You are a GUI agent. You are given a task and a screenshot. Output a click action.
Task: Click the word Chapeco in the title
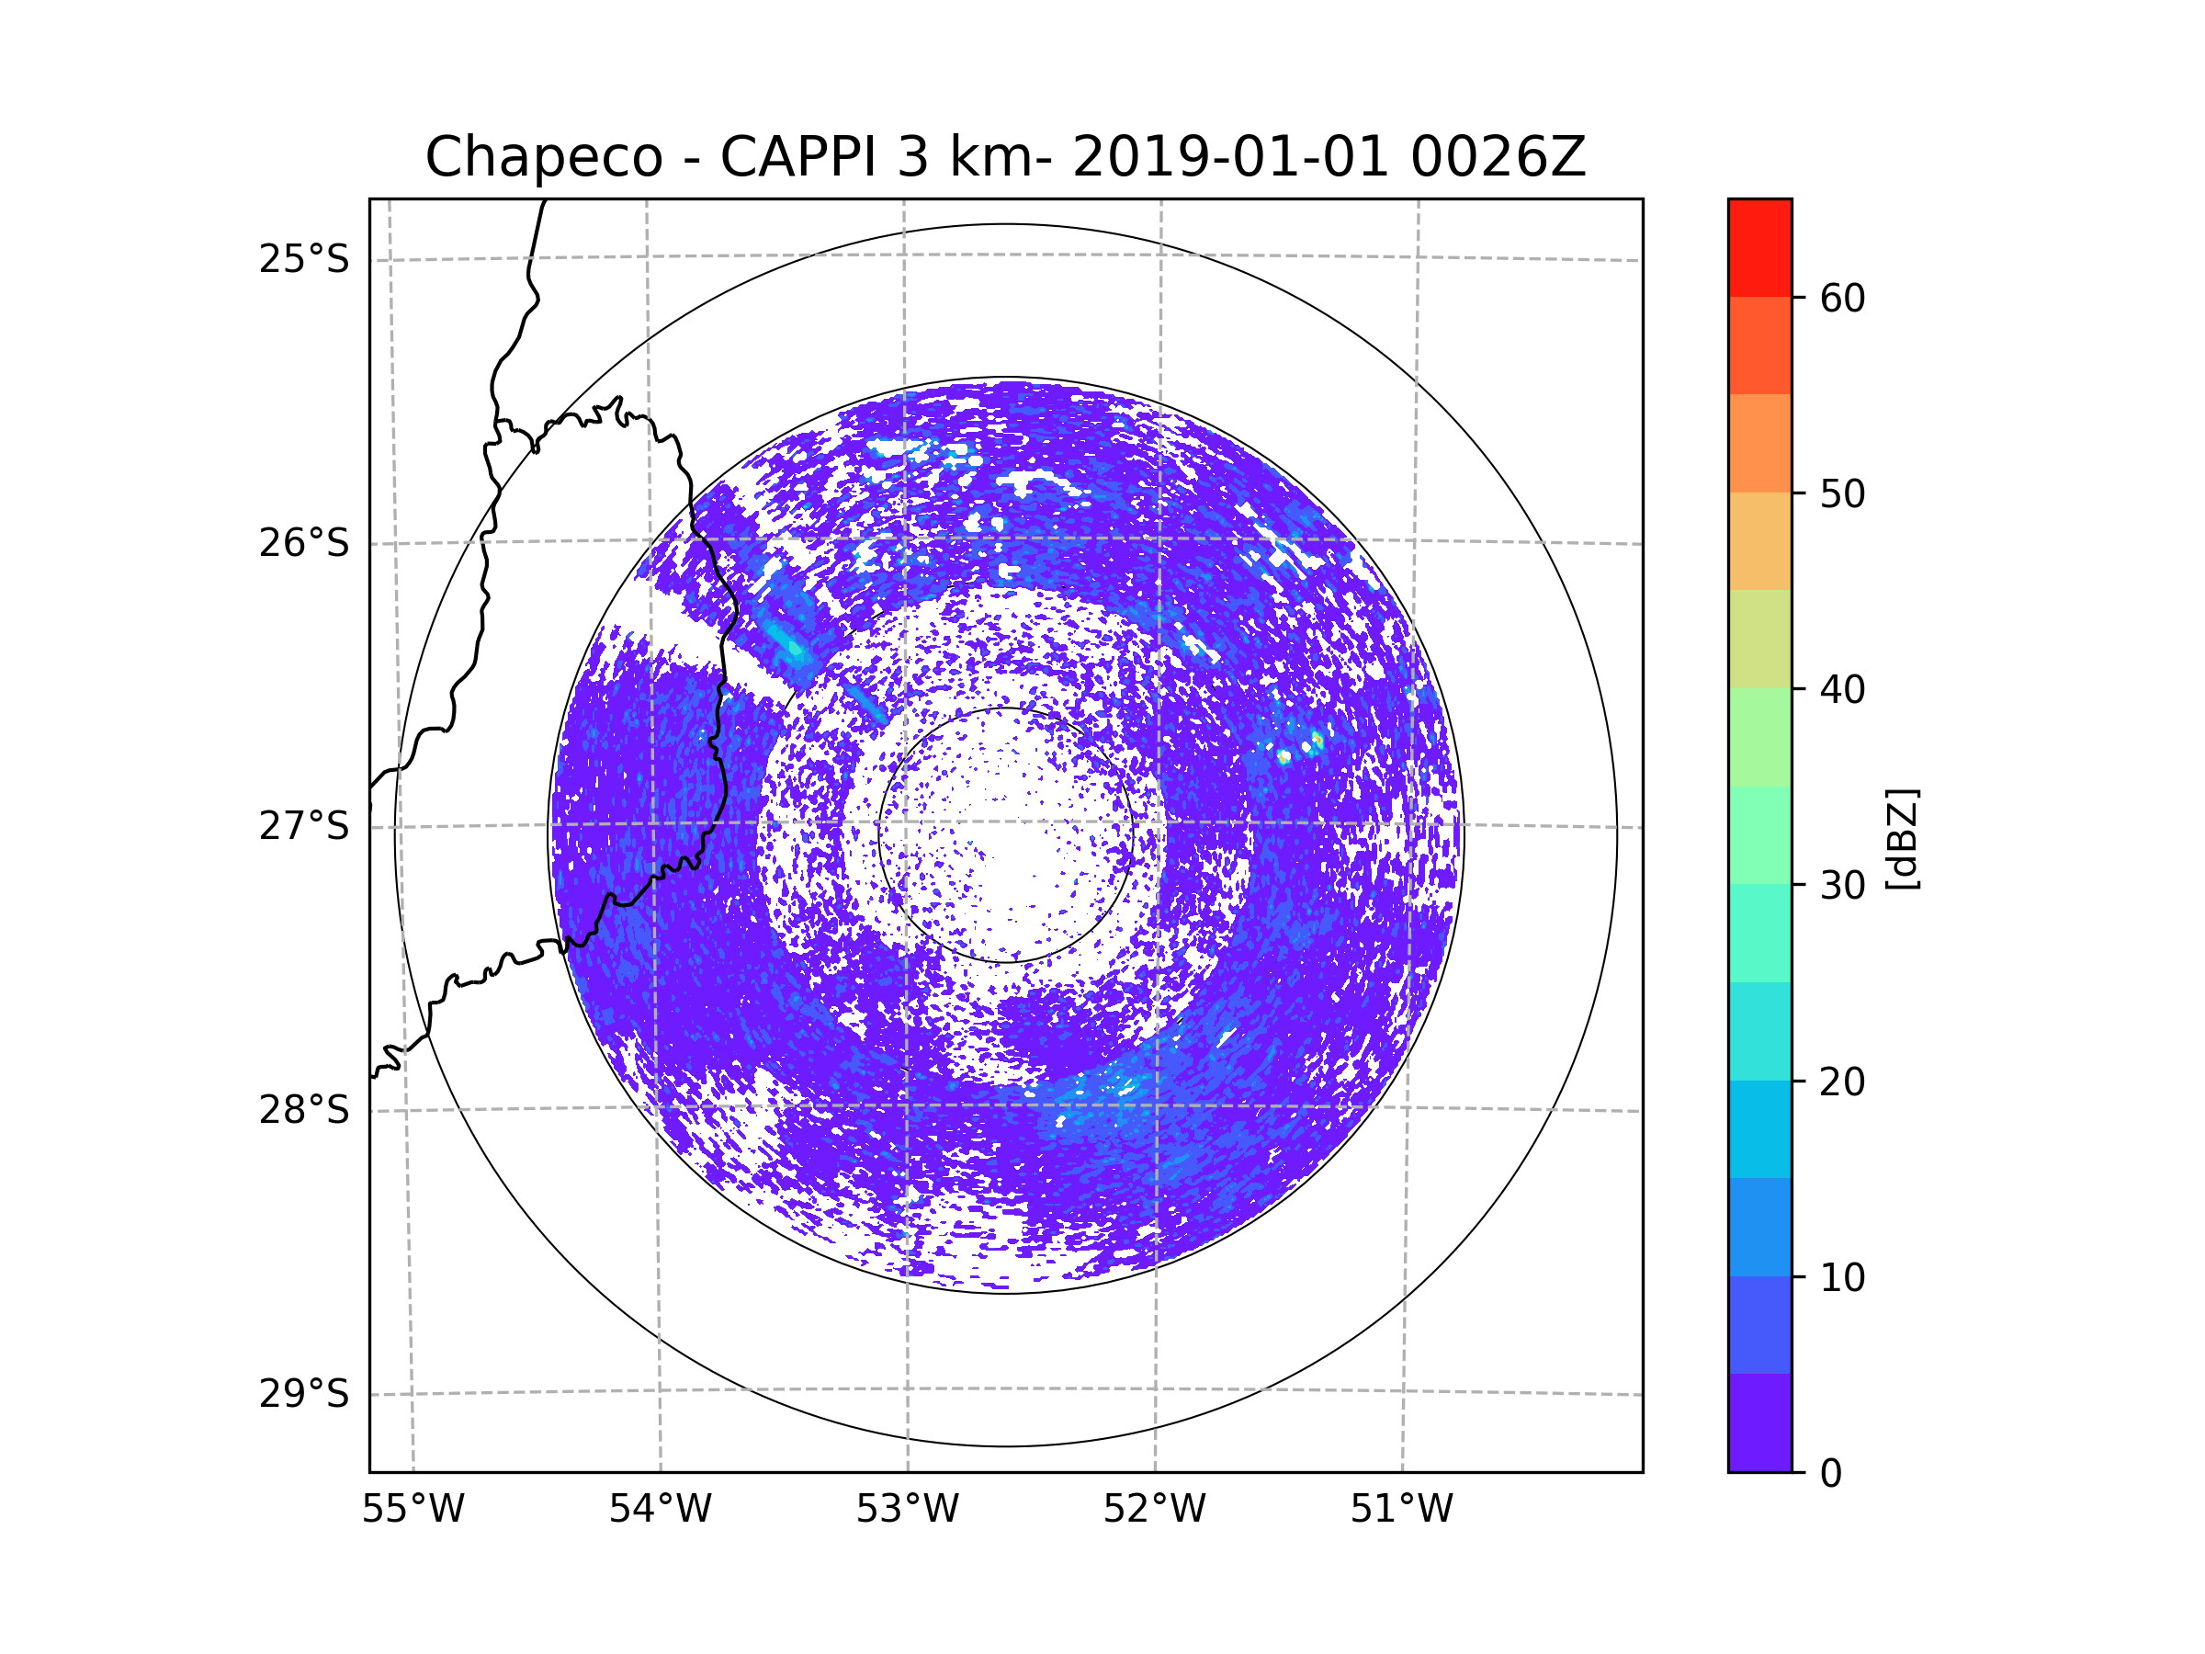[543, 157]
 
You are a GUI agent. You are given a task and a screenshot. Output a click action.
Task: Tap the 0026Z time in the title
[1498, 157]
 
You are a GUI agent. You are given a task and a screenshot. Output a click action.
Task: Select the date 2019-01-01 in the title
[1230, 157]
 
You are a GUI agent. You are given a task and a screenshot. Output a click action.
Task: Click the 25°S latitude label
[304, 259]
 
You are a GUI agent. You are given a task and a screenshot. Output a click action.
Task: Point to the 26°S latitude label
[304, 543]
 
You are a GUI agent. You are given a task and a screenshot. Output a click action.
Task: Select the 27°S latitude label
[304, 826]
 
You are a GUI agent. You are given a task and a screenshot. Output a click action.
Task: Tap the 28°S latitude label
[304, 1110]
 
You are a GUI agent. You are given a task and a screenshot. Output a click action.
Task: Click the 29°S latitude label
[304, 1394]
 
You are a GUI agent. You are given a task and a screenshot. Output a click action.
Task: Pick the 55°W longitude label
[413, 1510]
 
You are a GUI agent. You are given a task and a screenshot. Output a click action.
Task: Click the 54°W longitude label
[660, 1510]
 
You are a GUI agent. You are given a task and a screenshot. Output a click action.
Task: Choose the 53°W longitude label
[907, 1510]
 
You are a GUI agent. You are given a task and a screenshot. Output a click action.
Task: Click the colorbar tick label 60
[1842, 298]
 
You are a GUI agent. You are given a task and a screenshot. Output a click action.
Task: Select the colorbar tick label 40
[1842, 690]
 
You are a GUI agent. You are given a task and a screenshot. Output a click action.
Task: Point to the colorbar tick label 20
[1842, 1082]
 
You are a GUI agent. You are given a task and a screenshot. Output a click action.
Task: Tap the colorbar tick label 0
[1831, 1474]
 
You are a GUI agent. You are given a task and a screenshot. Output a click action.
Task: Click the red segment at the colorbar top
[1759, 247]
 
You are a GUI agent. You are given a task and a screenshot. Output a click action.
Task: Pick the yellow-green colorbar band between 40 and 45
[1759, 639]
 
